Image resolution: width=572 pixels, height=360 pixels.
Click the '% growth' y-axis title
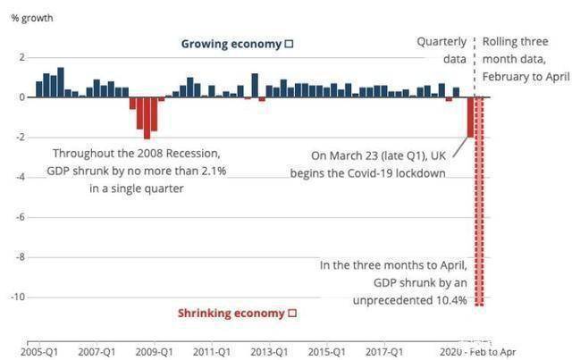point(29,18)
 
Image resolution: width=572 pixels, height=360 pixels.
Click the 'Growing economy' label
point(231,44)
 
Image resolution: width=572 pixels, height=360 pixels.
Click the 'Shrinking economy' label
point(231,313)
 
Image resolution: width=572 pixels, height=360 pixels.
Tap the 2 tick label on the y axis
point(23,57)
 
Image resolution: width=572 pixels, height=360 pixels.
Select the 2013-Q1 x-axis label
point(269,352)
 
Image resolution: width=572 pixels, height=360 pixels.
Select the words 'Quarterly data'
point(442,50)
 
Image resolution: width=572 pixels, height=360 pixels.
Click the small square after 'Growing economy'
point(289,44)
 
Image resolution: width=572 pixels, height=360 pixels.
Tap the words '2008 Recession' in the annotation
point(168,154)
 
